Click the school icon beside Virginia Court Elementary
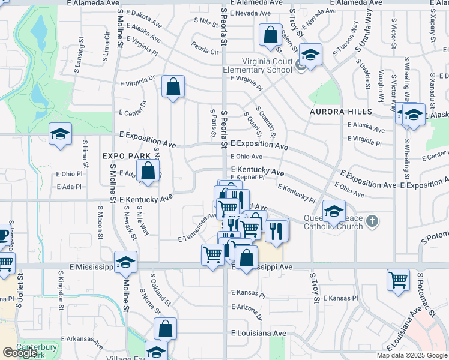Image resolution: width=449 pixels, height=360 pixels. coord(310,55)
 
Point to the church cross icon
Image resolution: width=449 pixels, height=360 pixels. coord(372,221)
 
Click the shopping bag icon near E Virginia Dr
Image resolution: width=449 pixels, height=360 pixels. coord(173,86)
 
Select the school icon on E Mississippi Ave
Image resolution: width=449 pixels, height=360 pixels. coord(126,262)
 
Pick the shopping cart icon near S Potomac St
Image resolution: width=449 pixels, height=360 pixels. coord(399,281)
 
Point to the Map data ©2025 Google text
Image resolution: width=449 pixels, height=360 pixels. coord(412,355)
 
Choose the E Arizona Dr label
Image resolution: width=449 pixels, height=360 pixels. coord(247,311)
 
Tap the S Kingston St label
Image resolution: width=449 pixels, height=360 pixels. coord(60,289)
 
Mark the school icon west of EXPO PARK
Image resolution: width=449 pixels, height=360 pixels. coord(60,134)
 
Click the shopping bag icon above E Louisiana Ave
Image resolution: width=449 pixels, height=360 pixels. coord(165,329)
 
